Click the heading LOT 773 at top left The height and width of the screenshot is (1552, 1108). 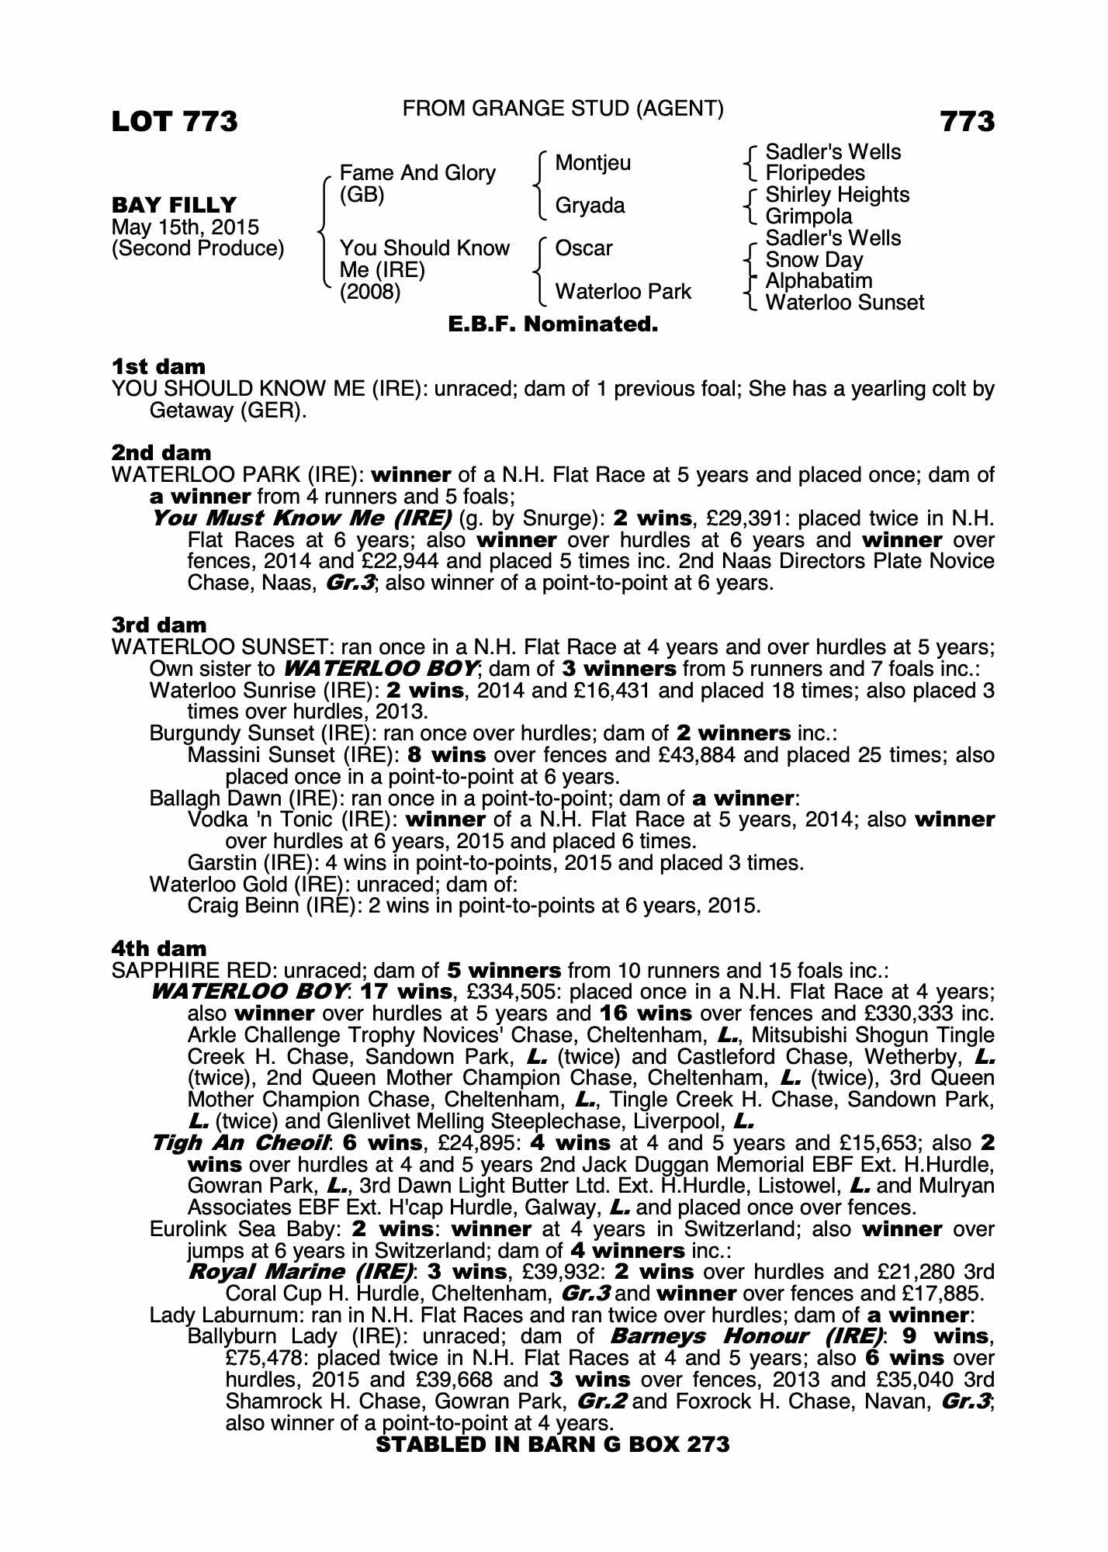tap(175, 122)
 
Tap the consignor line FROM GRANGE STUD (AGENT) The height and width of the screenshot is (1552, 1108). tap(563, 109)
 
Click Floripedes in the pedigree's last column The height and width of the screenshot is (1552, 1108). tap(815, 173)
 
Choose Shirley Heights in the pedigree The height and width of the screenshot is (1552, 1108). tap(836, 195)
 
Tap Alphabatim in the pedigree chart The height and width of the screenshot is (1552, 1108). tap(819, 281)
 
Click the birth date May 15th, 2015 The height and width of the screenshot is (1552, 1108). tap(185, 227)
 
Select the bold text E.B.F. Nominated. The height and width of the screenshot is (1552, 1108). tap(553, 324)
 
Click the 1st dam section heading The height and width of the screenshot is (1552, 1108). tap(159, 366)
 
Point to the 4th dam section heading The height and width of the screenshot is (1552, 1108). tap(159, 948)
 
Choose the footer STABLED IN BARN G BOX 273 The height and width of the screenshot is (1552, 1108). tap(552, 1444)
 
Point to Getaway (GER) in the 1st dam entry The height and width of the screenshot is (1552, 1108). tap(227, 411)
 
